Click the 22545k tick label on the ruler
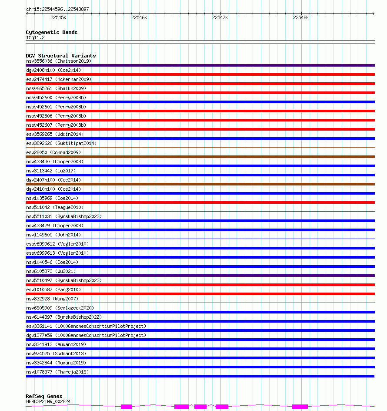point(58,17)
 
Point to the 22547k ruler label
point(220,17)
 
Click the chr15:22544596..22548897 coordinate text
point(57,9)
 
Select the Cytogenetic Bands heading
point(52,32)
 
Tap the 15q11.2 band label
point(35,37)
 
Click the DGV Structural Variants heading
point(61,56)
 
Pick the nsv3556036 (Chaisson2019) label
point(59,61)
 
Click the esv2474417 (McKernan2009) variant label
point(59,79)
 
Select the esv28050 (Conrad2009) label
point(53,152)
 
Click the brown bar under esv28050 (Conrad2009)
point(200,157)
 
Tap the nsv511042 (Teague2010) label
point(55,207)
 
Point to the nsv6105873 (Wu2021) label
point(51,271)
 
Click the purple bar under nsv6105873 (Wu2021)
point(200,276)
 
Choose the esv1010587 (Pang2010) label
point(53,290)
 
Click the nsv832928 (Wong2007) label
point(52,299)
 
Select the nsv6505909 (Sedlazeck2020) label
point(60,308)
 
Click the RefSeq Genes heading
point(44,396)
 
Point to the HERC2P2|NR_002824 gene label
point(48,401)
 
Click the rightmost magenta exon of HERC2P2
point(300,407)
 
